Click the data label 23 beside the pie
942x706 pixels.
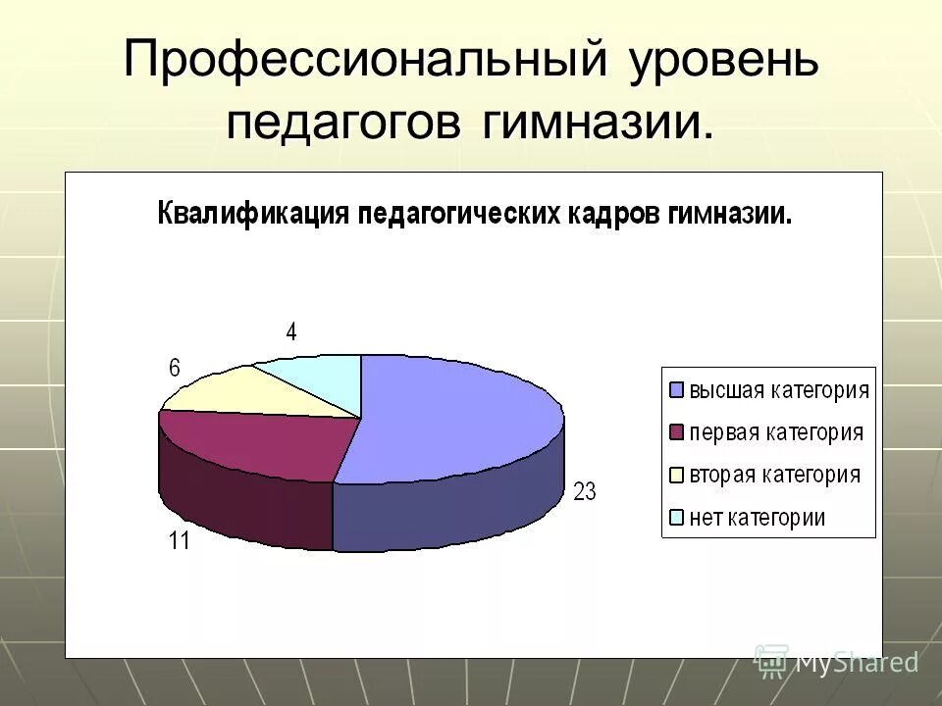(x=585, y=492)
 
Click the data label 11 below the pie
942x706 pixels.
(x=178, y=540)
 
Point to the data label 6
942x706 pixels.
(x=175, y=369)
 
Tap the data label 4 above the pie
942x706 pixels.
(x=291, y=332)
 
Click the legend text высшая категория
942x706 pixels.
(x=779, y=389)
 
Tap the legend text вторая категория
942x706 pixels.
(x=774, y=476)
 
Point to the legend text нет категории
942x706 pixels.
(x=757, y=518)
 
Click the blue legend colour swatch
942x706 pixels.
(x=676, y=389)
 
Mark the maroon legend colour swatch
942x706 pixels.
(x=676, y=432)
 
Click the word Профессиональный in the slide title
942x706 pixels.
(x=362, y=62)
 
